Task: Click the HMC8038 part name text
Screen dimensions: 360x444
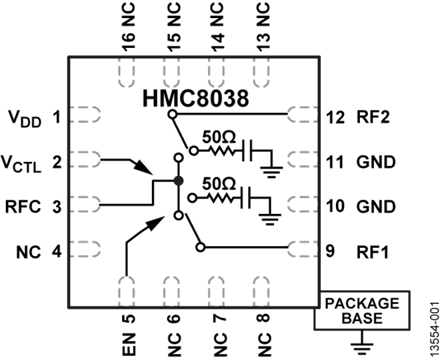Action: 196,100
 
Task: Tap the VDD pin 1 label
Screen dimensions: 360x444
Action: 25,118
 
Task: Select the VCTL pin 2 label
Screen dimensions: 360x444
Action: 26,162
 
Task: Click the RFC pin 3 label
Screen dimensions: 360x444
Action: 25,207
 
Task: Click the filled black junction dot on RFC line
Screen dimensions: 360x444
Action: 178,181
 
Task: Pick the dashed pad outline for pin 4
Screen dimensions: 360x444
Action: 85,251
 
